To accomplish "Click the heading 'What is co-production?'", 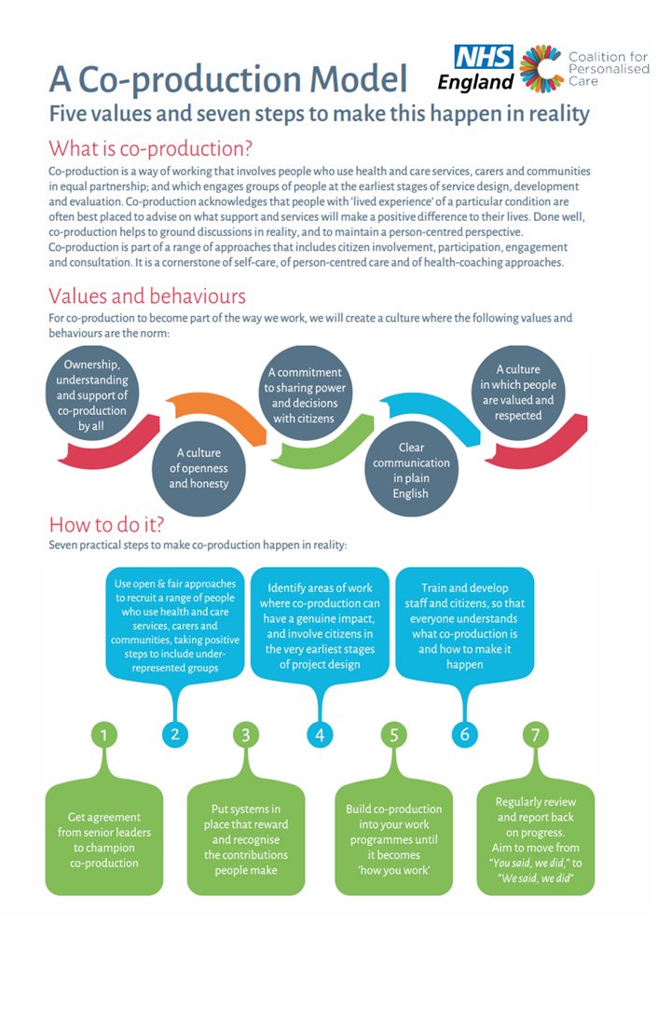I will pyautogui.click(x=151, y=148).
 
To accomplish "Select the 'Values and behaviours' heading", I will pyautogui.click(x=147, y=297).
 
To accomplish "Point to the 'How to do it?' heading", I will pyautogui.click(x=108, y=523).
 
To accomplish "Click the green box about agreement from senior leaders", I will pyautogui.click(x=103, y=839).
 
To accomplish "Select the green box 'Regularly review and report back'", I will pyautogui.click(x=535, y=839).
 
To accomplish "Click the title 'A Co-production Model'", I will pyautogui.click(x=228, y=79).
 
